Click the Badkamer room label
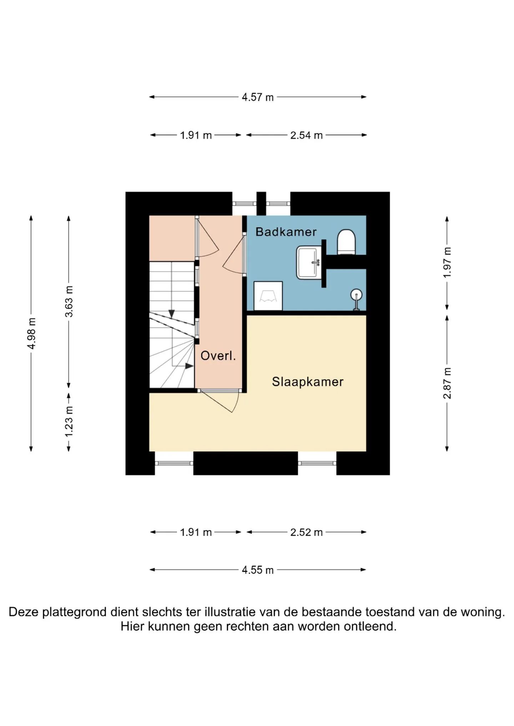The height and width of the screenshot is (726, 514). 286,232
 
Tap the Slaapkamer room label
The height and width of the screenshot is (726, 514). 308,382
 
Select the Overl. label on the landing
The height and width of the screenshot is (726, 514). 218,356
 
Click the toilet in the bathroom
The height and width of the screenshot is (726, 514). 346,242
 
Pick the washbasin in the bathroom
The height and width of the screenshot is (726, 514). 309,263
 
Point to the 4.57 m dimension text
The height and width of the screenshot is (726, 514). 258,97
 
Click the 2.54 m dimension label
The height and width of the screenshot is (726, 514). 306,135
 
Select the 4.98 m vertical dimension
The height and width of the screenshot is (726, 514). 31,333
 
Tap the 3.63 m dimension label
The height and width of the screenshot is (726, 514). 69,301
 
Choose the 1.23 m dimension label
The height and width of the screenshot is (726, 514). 69,421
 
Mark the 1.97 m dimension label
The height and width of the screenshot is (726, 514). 447,262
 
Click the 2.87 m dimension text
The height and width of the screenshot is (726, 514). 447,383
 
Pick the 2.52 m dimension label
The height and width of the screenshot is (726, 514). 306,532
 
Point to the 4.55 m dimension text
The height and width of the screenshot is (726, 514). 258,570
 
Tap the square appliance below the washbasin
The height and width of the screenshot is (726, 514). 268,296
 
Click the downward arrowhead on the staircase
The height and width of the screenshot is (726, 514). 172,314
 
